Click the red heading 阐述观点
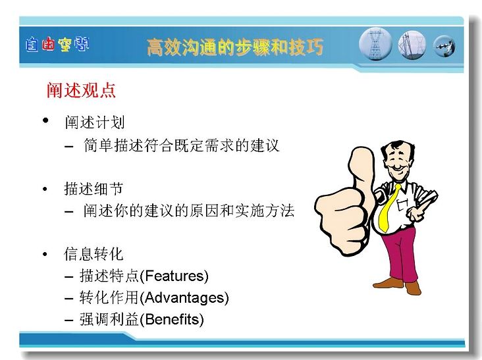81,90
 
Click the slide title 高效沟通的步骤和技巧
235,47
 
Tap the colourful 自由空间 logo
57,44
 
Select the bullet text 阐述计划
95,122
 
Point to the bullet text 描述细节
94,188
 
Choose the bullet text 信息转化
94,254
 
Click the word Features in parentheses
174,276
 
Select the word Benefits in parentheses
172,319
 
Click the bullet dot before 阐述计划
45,120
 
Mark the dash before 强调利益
69,320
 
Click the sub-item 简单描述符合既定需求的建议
181,145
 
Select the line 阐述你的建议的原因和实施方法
189,211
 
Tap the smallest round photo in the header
444,46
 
